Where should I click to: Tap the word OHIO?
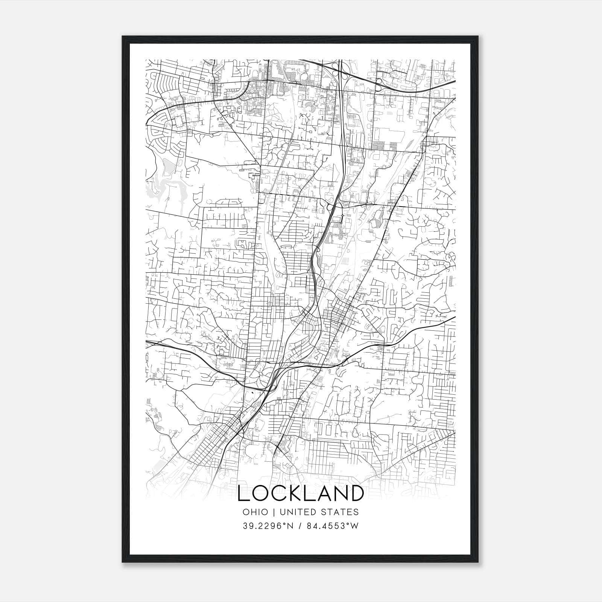[x=255, y=512]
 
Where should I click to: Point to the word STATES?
[x=341, y=512]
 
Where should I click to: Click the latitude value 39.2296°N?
[x=268, y=526]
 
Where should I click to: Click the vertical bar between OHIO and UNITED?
[x=274, y=512]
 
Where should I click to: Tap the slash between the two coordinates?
[x=300, y=526]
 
